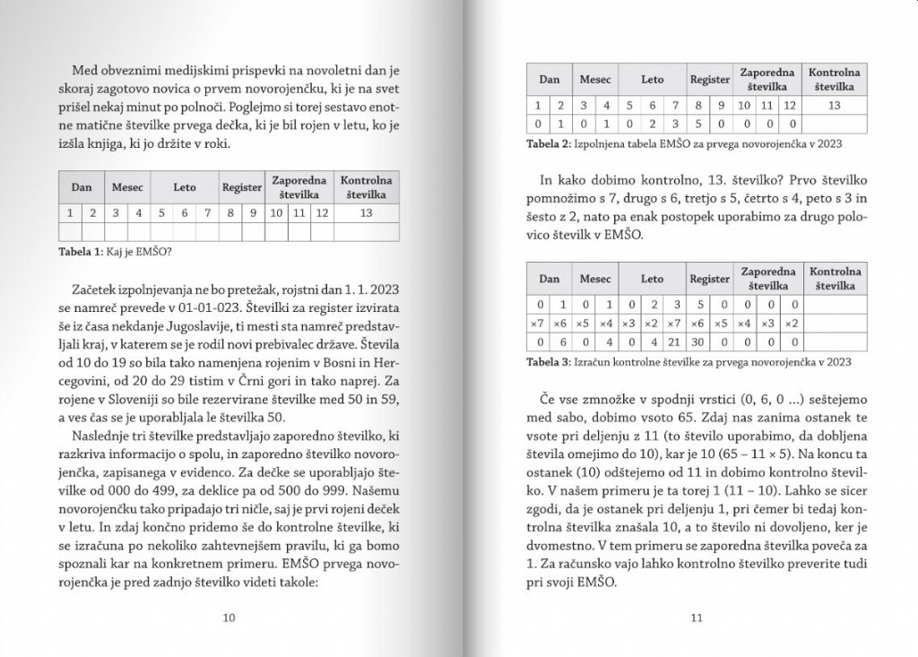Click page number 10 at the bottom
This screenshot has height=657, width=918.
tap(228, 618)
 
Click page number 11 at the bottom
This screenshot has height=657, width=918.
tap(697, 618)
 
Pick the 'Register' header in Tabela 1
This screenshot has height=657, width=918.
tap(242, 188)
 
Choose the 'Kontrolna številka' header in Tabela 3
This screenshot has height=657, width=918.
tap(835, 279)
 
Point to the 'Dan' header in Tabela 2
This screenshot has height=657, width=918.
tap(550, 80)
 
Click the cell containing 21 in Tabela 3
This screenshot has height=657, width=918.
tap(675, 341)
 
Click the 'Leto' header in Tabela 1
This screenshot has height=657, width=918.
tap(184, 188)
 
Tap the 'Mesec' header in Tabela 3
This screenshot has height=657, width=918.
tap(595, 279)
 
